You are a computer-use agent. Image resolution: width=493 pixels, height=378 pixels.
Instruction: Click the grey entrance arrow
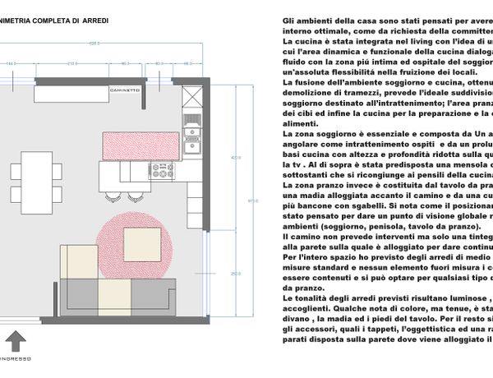coord(16,341)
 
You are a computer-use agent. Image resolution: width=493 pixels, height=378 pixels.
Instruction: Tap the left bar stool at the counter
coord(115,195)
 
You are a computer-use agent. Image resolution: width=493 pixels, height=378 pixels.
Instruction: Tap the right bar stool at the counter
coord(133,195)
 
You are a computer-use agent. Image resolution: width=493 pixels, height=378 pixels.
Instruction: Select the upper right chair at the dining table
coord(57,170)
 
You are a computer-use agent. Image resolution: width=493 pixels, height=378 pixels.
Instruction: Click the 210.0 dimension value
coord(72,62)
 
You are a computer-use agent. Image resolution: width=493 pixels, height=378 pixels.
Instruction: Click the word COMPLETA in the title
coord(44,19)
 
